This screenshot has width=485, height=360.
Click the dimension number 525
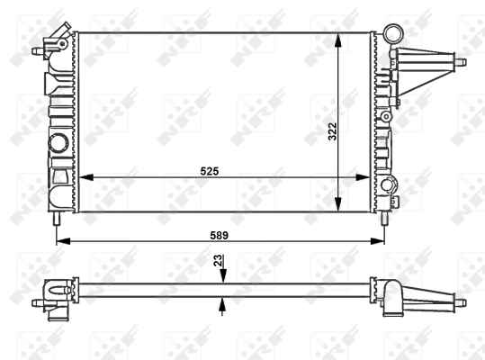(210, 169)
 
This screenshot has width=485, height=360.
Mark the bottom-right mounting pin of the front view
(385, 217)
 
